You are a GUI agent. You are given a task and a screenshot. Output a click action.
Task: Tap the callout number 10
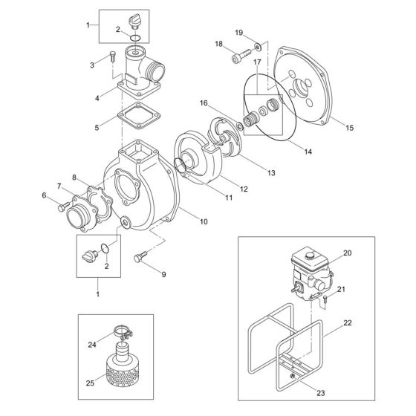tap(204, 222)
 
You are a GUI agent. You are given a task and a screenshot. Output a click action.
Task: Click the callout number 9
tap(163, 274)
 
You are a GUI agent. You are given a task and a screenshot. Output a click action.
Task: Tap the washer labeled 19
tap(254, 47)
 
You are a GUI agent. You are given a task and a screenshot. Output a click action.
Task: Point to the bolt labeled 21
tap(326, 300)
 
